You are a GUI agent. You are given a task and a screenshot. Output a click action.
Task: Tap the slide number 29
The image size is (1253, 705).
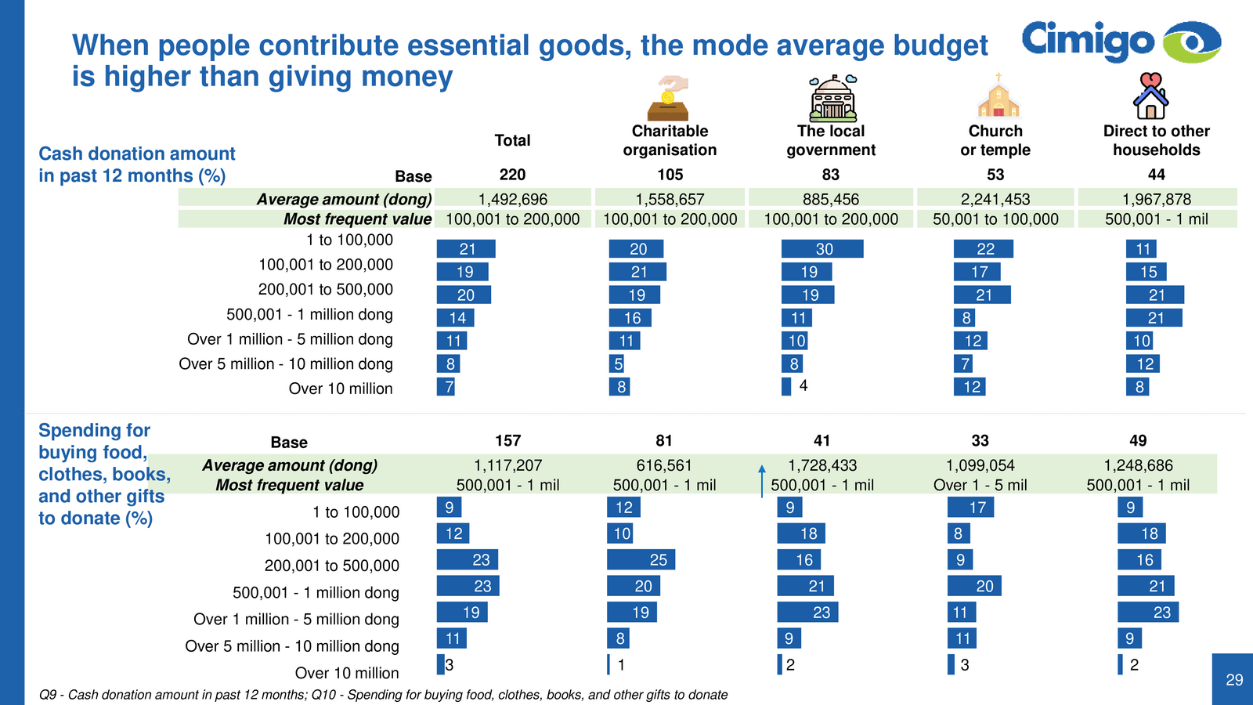(x=1234, y=680)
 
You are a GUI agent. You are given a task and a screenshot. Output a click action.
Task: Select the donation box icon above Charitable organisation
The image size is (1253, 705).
(x=669, y=98)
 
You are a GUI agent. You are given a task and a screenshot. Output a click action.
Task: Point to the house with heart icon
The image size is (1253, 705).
(x=1150, y=96)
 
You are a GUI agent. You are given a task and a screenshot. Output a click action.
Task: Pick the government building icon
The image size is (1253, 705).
(x=832, y=97)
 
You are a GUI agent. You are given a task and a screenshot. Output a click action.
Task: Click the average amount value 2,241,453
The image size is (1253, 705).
(x=995, y=199)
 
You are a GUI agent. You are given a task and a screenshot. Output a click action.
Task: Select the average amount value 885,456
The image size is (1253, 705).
(x=831, y=199)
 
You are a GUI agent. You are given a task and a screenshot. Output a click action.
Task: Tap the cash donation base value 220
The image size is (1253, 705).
(x=512, y=175)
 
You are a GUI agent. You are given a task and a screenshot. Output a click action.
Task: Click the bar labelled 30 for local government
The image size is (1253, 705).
(x=822, y=249)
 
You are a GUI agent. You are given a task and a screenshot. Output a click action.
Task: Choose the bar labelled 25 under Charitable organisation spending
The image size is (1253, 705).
(x=641, y=559)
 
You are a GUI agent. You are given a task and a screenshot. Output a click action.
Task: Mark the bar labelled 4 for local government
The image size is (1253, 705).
(x=786, y=386)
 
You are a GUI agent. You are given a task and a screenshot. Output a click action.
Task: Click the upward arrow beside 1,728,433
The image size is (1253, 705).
(x=762, y=480)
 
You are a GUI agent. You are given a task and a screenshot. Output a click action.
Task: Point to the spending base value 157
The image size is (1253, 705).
(x=507, y=440)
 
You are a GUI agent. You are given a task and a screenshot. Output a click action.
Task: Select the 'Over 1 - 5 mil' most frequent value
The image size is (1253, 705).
(x=980, y=485)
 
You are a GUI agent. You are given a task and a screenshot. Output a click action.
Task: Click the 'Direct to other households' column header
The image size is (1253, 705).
(x=1156, y=140)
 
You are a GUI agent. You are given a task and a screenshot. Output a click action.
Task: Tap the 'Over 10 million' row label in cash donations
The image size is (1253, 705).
(x=341, y=389)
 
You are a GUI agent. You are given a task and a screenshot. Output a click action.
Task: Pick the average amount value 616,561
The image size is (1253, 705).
(x=664, y=465)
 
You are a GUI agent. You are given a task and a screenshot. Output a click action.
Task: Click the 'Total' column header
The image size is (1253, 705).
(x=512, y=140)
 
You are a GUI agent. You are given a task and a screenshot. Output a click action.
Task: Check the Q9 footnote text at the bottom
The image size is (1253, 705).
(x=383, y=695)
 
